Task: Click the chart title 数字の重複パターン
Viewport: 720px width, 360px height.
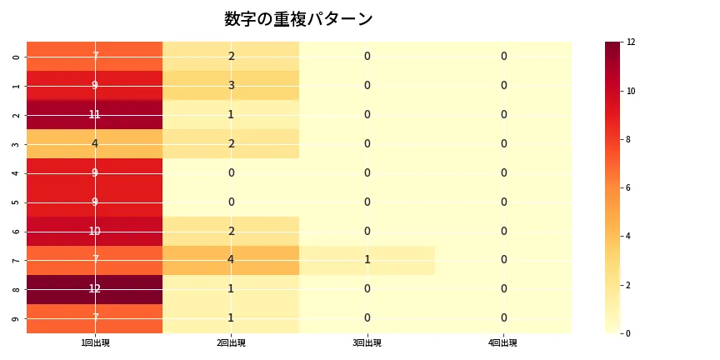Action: point(298,19)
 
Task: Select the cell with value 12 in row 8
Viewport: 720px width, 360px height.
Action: point(95,289)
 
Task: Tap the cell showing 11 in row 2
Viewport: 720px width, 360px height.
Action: point(95,114)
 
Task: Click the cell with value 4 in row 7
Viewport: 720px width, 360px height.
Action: point(231,260)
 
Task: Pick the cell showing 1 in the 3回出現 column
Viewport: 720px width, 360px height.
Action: point(367,260)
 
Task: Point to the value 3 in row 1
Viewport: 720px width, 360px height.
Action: point(231,85)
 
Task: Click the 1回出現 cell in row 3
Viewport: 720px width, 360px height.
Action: point(95,143)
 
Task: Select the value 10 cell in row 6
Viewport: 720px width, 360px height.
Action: point(95,231)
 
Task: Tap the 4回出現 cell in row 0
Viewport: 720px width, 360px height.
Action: point(503,56)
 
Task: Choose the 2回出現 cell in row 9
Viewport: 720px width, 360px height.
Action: point(231,318)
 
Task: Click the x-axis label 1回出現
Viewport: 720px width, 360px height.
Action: point(95,342)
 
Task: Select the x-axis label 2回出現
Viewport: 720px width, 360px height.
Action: point(231,342)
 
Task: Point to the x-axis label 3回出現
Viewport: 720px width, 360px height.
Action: point(367,342)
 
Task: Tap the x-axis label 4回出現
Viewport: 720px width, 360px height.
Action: point(503,342)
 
